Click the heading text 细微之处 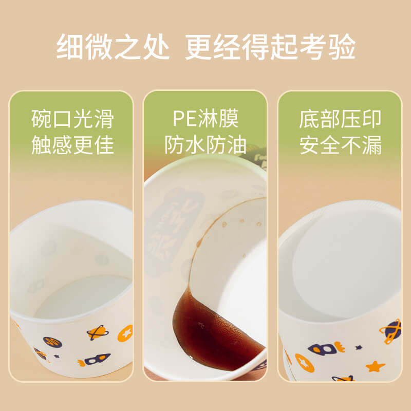(x=113, y=47)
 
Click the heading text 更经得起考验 (x=270, y=47)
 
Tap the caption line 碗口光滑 (x=72, y=119)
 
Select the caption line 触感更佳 (x=72, y=145)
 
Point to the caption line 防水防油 (x=206, y=145)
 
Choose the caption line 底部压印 (x=340, y=119)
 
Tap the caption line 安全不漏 (x=340, y=145)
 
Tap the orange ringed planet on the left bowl (x=96, y=332)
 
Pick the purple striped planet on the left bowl (x=52, y=342)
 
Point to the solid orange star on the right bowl (x=376, y=366)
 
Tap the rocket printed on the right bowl (x=326, y=349)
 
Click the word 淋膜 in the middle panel (x=219, y=119)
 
